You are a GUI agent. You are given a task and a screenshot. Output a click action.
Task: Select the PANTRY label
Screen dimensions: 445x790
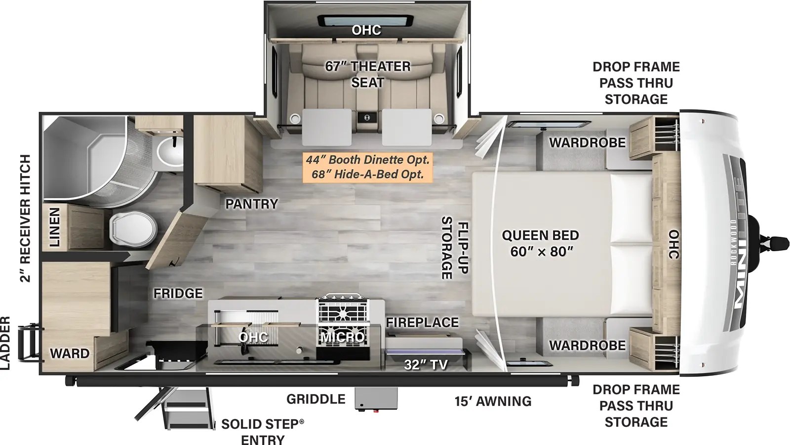point(252,204)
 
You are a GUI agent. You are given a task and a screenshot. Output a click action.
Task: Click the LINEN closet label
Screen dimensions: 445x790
point(54,227)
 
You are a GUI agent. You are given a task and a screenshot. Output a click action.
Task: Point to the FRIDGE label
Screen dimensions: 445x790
point(178,294)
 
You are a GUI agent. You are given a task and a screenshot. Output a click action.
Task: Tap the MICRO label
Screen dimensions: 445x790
point(344,338)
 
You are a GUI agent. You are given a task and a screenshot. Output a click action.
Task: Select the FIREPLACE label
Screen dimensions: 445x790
point(422,322)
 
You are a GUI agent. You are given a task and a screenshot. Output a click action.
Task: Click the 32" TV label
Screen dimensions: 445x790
point(426,365)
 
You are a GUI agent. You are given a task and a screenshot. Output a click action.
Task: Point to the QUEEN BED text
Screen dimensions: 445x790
point(540,236)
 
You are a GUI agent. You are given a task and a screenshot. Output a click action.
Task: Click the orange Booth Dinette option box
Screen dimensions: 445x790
point(367,167)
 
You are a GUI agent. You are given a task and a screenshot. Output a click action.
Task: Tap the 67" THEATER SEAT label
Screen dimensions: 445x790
point(367,74)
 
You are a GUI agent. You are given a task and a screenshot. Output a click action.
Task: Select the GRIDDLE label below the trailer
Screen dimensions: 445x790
point(316,399)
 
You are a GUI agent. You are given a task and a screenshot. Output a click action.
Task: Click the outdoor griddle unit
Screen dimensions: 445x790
point(376,400)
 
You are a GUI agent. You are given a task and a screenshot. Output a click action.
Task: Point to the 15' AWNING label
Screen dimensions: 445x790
point(493,401)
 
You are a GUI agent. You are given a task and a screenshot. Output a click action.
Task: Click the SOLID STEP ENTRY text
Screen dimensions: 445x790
point(262,432)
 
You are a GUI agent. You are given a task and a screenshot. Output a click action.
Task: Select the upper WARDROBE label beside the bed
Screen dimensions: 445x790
point(587,143)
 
